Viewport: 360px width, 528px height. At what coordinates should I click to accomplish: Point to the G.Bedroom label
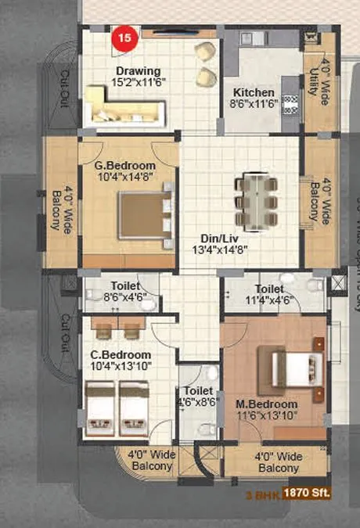[x=125, y=172]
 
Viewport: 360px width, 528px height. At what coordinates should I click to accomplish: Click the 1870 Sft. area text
[x=308, y=493]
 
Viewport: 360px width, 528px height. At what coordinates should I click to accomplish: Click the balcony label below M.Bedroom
[x=277, y=462]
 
